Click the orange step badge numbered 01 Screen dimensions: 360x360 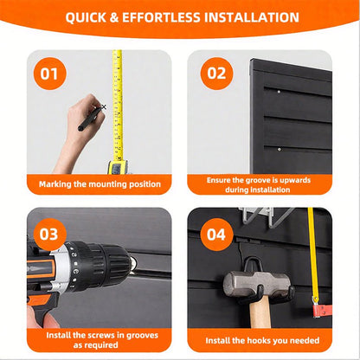(50, 74)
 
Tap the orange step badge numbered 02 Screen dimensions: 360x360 (216, 74)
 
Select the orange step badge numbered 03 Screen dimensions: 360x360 (50, 235)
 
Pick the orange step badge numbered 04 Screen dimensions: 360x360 (216, 235)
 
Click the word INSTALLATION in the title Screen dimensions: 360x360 (252, 17)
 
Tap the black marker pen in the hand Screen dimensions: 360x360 (90, 119)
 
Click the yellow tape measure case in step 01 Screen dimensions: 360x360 (118, 167)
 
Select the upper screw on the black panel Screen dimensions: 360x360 (279, 92)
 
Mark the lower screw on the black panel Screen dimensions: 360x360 (279, 150)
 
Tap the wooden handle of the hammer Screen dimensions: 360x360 (260, 312)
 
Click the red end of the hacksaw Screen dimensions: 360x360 (322, 311)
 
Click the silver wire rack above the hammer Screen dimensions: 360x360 (266, 216)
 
